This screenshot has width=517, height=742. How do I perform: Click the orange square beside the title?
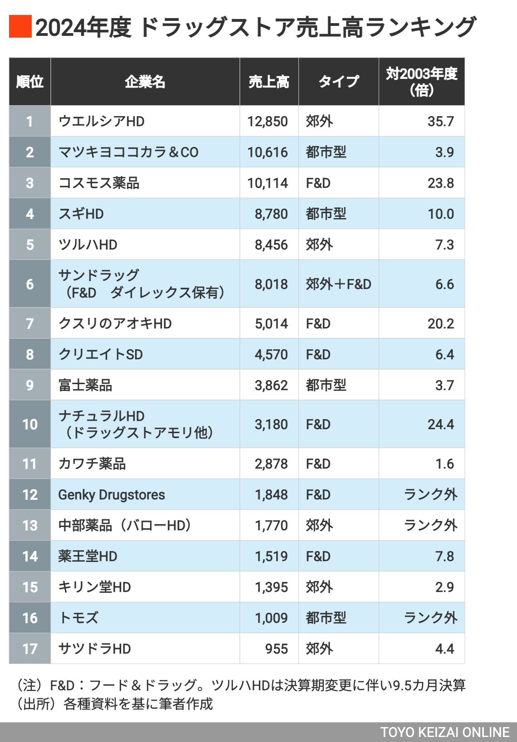tap(20, 26)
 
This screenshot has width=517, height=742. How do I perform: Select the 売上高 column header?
tap(269, 82)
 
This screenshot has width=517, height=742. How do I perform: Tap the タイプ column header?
tap(338, 82)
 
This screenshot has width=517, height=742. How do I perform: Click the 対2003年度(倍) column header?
tap(421, 82)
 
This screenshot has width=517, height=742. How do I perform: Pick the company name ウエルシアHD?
tap(102, 121)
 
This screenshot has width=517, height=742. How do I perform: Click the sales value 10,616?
tap(268, 152)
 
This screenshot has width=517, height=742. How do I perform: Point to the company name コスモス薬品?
tap(99, 183)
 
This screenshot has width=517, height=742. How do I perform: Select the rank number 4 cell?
tap(30, 214)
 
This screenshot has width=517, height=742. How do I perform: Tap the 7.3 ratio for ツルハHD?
tap(444, 244)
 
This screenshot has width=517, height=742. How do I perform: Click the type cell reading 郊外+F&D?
tap(338, 284)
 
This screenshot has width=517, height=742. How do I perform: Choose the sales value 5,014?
tap(271, 323)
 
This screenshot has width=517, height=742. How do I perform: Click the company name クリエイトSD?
tap(101, 354)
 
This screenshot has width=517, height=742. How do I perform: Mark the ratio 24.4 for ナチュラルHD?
tap(440, 424)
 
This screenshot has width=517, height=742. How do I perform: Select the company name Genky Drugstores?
tap(112, 494)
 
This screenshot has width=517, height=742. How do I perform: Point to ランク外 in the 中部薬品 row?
tap(430, 525)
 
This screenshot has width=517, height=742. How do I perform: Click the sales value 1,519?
tap(271, 556)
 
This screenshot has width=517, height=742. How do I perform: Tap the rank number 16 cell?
tap(30, 618)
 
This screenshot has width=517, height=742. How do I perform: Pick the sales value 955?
tap(277, 649)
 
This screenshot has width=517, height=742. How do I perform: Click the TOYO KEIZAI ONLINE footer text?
tap(445, 732)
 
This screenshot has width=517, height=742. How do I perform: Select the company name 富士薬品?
tap(85, 385)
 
